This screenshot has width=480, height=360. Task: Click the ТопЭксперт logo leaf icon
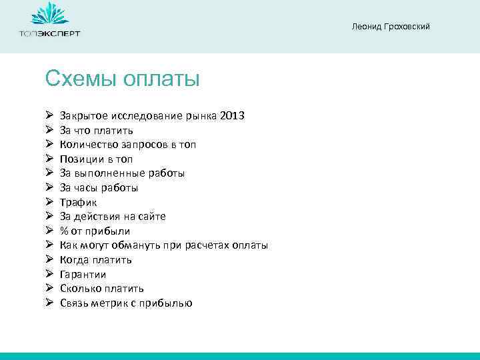[49, 14]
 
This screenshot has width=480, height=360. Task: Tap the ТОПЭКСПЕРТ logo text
[49, 33]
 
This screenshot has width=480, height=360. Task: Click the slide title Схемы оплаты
[123, 79]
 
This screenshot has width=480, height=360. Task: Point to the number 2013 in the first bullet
[232, 116]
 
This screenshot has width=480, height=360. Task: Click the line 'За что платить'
[96, 130]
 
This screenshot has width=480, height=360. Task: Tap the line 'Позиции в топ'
[96, 159]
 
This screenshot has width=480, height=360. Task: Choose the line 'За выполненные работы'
[122, 173]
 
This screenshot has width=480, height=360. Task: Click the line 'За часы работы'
[99, 188]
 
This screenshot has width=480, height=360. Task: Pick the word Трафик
[78, 202]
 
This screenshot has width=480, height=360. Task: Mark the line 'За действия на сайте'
[113, 217]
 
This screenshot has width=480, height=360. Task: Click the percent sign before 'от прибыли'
[64, 231]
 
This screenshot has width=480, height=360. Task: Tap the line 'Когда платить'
[95, 260]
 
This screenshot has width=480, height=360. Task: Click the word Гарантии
[83, 274]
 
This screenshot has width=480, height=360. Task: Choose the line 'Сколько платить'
[101, 289]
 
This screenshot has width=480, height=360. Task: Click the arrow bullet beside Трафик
[49, 202]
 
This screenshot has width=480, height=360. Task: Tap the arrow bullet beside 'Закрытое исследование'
[49, 116]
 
